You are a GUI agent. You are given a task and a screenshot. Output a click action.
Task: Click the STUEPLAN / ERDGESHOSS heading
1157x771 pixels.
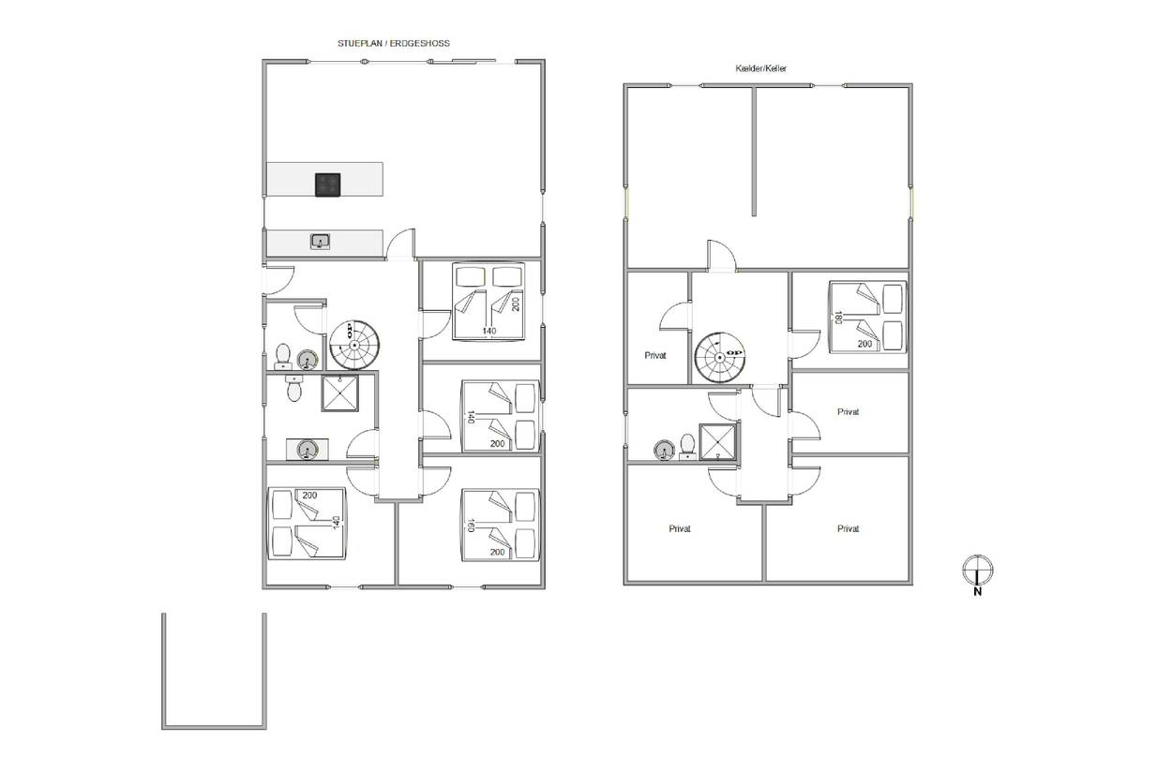click(x=394, y=43)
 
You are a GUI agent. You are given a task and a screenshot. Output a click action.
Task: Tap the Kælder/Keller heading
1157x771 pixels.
click(x=760, y=68)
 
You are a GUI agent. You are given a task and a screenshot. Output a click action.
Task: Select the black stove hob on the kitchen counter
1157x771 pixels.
click(x=328, y=185)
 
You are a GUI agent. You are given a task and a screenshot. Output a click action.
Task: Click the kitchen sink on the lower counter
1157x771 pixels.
click(x=321, y=242)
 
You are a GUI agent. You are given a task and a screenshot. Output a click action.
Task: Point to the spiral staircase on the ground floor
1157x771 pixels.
click(x=354, y=346)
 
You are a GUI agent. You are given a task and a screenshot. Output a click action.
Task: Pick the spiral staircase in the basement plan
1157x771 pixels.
click(x=719, y=357)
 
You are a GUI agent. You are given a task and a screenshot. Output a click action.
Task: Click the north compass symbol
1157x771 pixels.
click(x=977, y=571)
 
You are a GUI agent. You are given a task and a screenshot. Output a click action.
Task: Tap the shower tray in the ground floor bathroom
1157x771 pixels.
click(x=339, y=393)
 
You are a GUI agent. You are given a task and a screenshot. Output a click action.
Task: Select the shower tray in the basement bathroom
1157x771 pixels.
click(x=718, y=442)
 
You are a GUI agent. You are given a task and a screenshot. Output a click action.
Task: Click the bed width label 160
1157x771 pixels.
click(x=471, y=526)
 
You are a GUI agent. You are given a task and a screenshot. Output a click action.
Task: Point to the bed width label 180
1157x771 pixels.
click(x=838, y=318)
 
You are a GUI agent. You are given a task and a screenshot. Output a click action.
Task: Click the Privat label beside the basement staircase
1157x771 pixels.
click(x=655, y=355)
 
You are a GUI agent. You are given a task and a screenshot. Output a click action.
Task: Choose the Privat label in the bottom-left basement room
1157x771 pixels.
click(x=680, y=528)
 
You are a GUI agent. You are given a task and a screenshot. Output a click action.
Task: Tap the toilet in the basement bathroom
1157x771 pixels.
click(x=687, y=447)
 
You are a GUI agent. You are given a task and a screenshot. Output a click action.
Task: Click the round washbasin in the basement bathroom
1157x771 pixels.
click(x=664, y=450)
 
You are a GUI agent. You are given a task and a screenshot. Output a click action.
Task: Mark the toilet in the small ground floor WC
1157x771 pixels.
click(x=282, y=356)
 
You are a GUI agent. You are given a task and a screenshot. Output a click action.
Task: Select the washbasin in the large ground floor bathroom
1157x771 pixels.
click(x=308, y=450)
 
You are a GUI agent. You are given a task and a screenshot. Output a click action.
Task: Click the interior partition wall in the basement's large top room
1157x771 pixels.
click(x=754, y=151)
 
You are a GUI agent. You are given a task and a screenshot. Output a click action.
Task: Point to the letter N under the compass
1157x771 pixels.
click(x=977, y=592)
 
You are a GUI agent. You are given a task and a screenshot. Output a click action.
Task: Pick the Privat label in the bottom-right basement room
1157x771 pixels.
click(x=849, y=528)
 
